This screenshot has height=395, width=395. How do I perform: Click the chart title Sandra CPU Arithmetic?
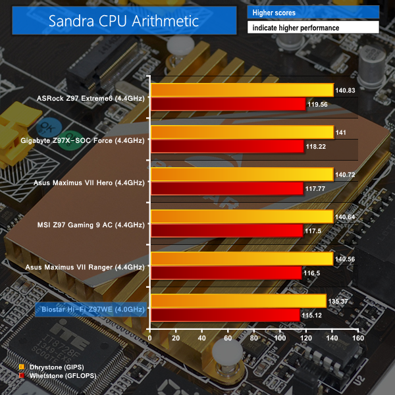click(x=123, y=21)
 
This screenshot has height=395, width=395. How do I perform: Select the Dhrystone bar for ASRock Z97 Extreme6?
click(x=242, y=90)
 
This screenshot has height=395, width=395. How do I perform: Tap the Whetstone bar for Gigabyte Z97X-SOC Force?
click(x=227, y=145)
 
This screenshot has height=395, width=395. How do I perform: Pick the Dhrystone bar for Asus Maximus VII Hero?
click(x=242, y=174)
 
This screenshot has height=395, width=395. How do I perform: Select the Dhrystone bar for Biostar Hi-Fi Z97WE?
click(x=238, y=301)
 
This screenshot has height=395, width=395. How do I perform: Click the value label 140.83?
click(x=347, y=90)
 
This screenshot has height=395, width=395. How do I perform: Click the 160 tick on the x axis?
click(x=358, y=338)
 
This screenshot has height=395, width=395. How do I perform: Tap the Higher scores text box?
click(x=313, y=13)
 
